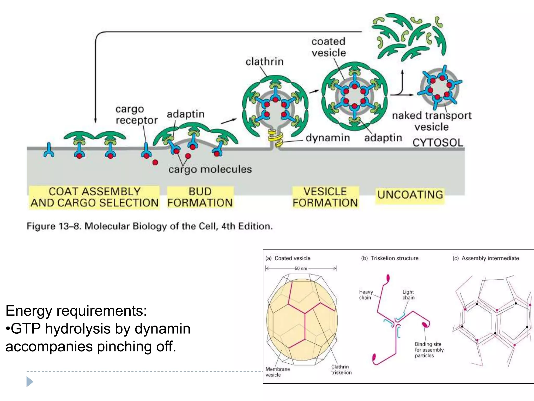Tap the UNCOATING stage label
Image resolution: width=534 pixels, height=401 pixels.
coord(410,195)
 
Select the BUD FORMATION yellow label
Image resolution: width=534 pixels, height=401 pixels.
coord(200,197)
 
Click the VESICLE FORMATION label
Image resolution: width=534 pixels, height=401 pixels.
coord(325,197)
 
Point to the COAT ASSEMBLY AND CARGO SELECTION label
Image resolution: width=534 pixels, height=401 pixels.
coord(94,197)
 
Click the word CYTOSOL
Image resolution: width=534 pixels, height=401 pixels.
coord(438,143)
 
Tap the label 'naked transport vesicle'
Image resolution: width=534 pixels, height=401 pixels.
coord(432,121)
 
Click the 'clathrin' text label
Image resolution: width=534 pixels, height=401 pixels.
coord(264,62)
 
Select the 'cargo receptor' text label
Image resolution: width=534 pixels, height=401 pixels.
coord(136,115)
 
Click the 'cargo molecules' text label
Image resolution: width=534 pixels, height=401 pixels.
coord(210,169)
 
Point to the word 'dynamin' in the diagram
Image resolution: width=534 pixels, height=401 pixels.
coord(328,138)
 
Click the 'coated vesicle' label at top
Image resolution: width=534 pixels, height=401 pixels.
coord(329,47)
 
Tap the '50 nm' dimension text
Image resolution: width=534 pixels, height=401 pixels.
coord(301,268)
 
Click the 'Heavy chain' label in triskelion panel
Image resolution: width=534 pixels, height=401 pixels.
coord(366,295)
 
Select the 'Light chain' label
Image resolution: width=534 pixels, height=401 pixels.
coord(408,295)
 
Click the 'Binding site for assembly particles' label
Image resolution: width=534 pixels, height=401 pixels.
coord(429,350)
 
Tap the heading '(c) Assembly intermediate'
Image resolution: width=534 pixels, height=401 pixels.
coord(486,258)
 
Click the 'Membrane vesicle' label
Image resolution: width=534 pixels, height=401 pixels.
coord(277,372)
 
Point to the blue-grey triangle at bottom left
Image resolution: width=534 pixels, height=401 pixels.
coord(29,382)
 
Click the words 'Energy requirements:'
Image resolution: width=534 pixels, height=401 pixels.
coord(76,311)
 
